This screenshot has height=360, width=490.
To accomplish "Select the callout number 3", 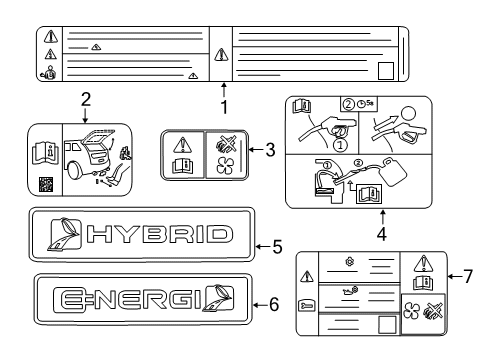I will pos(270,150).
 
